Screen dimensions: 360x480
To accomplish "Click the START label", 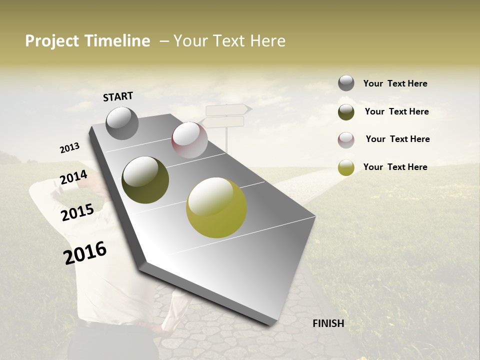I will point(118,96).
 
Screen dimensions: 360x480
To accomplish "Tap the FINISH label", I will point(328,323).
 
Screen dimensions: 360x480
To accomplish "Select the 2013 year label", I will point(69,147).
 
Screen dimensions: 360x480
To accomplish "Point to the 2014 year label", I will point(73,177).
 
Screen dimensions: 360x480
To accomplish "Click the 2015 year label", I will point(77,212).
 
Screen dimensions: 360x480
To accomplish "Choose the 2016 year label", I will point(85,252).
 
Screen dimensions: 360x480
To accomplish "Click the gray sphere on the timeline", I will point(122,123).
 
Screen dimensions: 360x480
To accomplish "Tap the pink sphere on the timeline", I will point(189,140).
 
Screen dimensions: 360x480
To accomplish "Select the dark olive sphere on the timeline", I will point(145,180).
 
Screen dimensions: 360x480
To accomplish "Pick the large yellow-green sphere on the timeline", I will point(216,207).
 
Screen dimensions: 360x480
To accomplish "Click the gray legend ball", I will point(346,83).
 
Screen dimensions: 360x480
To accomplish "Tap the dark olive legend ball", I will point(346,112).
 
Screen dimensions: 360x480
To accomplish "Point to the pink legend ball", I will point(346,140).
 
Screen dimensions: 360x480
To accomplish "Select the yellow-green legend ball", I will point(346,167).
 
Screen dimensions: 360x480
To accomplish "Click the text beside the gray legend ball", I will point(395,84).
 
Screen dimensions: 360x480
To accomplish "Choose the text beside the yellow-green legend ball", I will point(395,167).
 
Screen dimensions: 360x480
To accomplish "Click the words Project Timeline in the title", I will point(87,41).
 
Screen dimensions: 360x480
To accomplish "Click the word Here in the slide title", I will point(267,41).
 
